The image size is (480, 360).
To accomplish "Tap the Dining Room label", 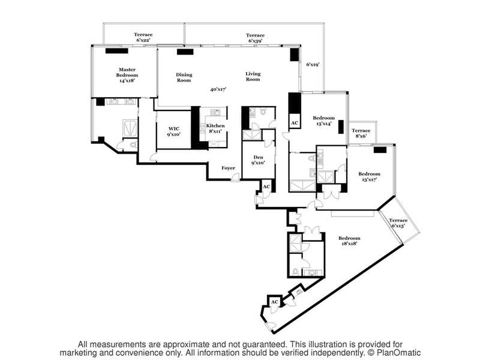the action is pyautogui.click(x=184, y=77).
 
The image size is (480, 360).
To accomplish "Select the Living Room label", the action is pyautogui.click(x=253, y=77).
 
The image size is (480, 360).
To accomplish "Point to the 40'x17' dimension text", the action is pyautogui.click(x=218, y=89).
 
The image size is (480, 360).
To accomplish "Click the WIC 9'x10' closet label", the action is pyautogui.click(x=173, y=131).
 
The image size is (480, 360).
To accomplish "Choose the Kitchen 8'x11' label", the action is pyautogui.click(x=215, y=128).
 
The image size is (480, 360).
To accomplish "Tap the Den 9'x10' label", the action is pyautogui.click(x=258, y=160).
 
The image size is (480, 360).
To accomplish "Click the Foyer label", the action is pyautogui.click(x=229, y=168).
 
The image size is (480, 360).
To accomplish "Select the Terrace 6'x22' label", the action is pyautogui.click(x=143, y=37).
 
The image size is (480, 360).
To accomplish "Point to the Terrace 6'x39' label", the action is pyautogui.click(x=255, y=38).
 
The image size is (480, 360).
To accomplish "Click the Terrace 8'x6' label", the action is pyautogui.click(x=361, y=133).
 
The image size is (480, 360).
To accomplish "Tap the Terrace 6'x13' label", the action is pyautogui.click(x=398, y=223).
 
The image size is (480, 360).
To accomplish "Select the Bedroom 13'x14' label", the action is pyautogui.click(x=323, y=121).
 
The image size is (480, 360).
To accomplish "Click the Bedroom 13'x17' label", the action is pyautogui.click(x=369, y=176).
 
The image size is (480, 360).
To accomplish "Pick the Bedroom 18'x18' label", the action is pyautogui.click(x=349, y=241).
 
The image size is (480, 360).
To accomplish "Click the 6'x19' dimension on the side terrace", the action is pyautogui.click(x=313, y=65).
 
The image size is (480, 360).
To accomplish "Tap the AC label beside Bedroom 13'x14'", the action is pyautogui.click(x=295, y=123).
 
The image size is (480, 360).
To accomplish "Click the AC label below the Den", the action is pyautogui.click(x=266, y=187).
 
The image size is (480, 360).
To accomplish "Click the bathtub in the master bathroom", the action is pyautogui.click(x=130, y=128).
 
